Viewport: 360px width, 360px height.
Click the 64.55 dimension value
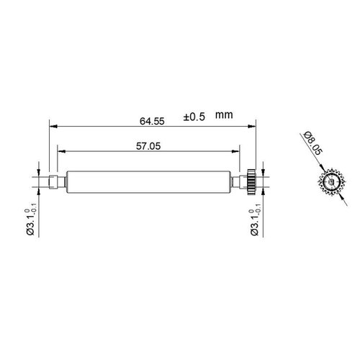149,121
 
